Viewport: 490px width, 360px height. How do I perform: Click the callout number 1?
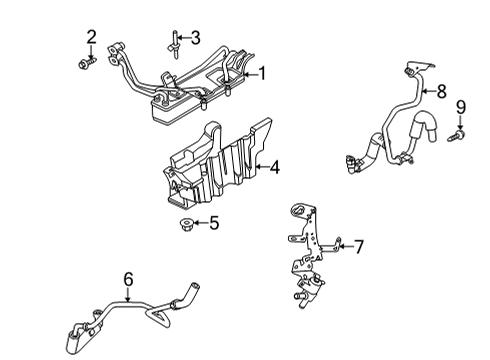click(263, 72)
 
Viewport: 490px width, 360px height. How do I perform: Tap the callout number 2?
click(91, 37)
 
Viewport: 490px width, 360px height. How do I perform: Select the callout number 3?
click(195, 38)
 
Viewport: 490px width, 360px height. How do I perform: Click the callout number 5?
click(213, 222)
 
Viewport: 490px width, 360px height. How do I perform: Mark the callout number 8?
click(441, 91)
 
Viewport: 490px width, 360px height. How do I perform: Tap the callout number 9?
click(461, 106)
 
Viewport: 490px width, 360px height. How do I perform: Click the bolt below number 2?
click(84, 63)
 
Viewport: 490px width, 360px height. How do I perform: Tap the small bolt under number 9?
click(460, 132)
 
